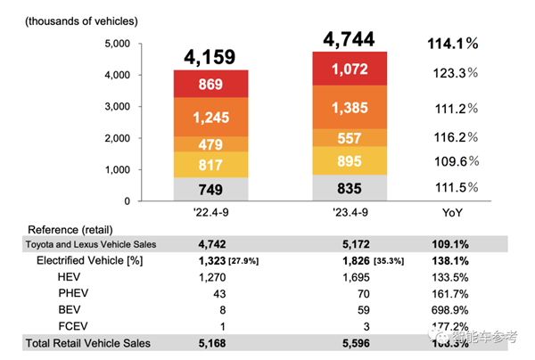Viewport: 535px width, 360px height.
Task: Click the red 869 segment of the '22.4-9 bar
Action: pos(210,86)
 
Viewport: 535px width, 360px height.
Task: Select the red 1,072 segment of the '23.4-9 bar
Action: pos(350,68)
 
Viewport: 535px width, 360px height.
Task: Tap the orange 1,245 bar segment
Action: pos(210,117)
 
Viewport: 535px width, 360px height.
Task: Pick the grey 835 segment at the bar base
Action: pos(350,188)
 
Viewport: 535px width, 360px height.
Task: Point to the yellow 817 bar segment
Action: pos(210,165)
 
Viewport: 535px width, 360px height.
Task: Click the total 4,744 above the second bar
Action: pos(349,38)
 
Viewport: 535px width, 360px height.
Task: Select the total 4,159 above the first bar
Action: pos(210,57)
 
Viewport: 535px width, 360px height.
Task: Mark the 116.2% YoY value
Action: pos(453,138)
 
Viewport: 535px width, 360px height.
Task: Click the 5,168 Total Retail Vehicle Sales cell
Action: pos(216,343)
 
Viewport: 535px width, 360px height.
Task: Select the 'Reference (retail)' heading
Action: pos(71,229)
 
